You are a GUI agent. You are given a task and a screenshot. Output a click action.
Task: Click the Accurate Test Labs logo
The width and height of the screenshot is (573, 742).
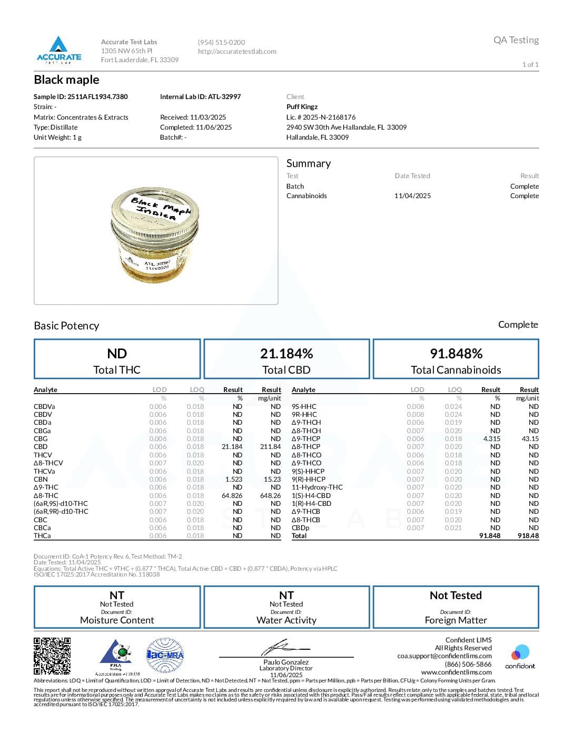[58, 50]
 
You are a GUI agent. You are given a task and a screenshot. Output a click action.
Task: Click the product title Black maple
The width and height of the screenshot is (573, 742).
[66, 80]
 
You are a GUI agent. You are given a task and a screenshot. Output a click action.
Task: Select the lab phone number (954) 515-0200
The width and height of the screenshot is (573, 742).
[221, 42]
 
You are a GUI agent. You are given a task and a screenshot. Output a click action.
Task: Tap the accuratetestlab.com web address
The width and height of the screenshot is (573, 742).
[237, 51]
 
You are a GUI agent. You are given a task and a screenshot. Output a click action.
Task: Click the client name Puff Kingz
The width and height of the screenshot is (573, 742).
[302, 106]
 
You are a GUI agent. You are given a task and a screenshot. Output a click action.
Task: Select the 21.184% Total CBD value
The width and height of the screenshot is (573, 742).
[286, 353]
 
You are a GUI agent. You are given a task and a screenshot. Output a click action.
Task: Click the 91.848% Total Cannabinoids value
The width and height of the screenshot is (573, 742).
[456, 353]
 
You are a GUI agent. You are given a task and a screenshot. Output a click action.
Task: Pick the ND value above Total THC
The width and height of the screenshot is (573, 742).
[117, 353]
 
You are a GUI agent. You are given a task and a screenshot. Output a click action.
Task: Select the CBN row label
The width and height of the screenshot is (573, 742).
[41, 479]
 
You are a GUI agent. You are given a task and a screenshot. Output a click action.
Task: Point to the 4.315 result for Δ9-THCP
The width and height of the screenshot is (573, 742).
[491, 438]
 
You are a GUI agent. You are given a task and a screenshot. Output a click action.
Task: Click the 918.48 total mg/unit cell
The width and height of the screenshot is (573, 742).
[528, 535]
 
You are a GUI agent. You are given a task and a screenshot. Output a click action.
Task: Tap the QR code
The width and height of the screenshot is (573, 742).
[52, 656]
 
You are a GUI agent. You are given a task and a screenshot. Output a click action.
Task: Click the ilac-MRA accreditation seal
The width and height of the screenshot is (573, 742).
[165, 655]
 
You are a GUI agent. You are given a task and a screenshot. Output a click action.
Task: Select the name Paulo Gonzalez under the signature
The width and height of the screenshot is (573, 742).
[286, 662]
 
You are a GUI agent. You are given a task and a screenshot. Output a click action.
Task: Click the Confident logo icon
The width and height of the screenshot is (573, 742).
[520, 653]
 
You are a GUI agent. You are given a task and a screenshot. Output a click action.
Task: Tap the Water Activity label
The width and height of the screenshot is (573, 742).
[286, 620]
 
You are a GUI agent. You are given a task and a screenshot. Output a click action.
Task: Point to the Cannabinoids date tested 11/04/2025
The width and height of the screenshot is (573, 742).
[412, 196]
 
